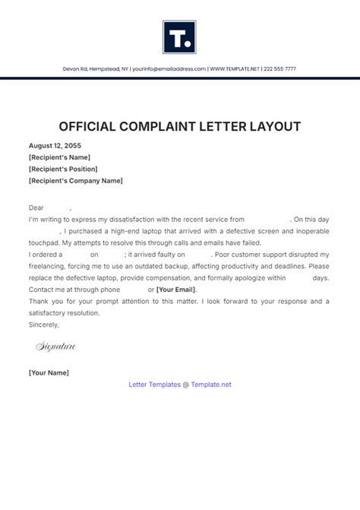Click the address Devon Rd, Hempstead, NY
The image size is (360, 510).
tap(96, 69)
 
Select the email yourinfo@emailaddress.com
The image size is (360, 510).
tap(168, 69)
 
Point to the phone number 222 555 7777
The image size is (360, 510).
tap(280, 69)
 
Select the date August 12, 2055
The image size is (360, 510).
tap(55, 144)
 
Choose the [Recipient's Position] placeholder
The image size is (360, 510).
tap(63, 169)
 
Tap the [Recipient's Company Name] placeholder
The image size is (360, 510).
tap(75, 181)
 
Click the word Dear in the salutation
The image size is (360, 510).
tap(36, 207)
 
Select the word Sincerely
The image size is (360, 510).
tap(43, 325)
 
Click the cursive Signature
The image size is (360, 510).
tap(56, 347)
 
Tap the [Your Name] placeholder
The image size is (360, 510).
tap(49, 372)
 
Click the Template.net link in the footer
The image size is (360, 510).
tap(211, 385)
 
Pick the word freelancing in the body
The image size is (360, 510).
tap(47, 265)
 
